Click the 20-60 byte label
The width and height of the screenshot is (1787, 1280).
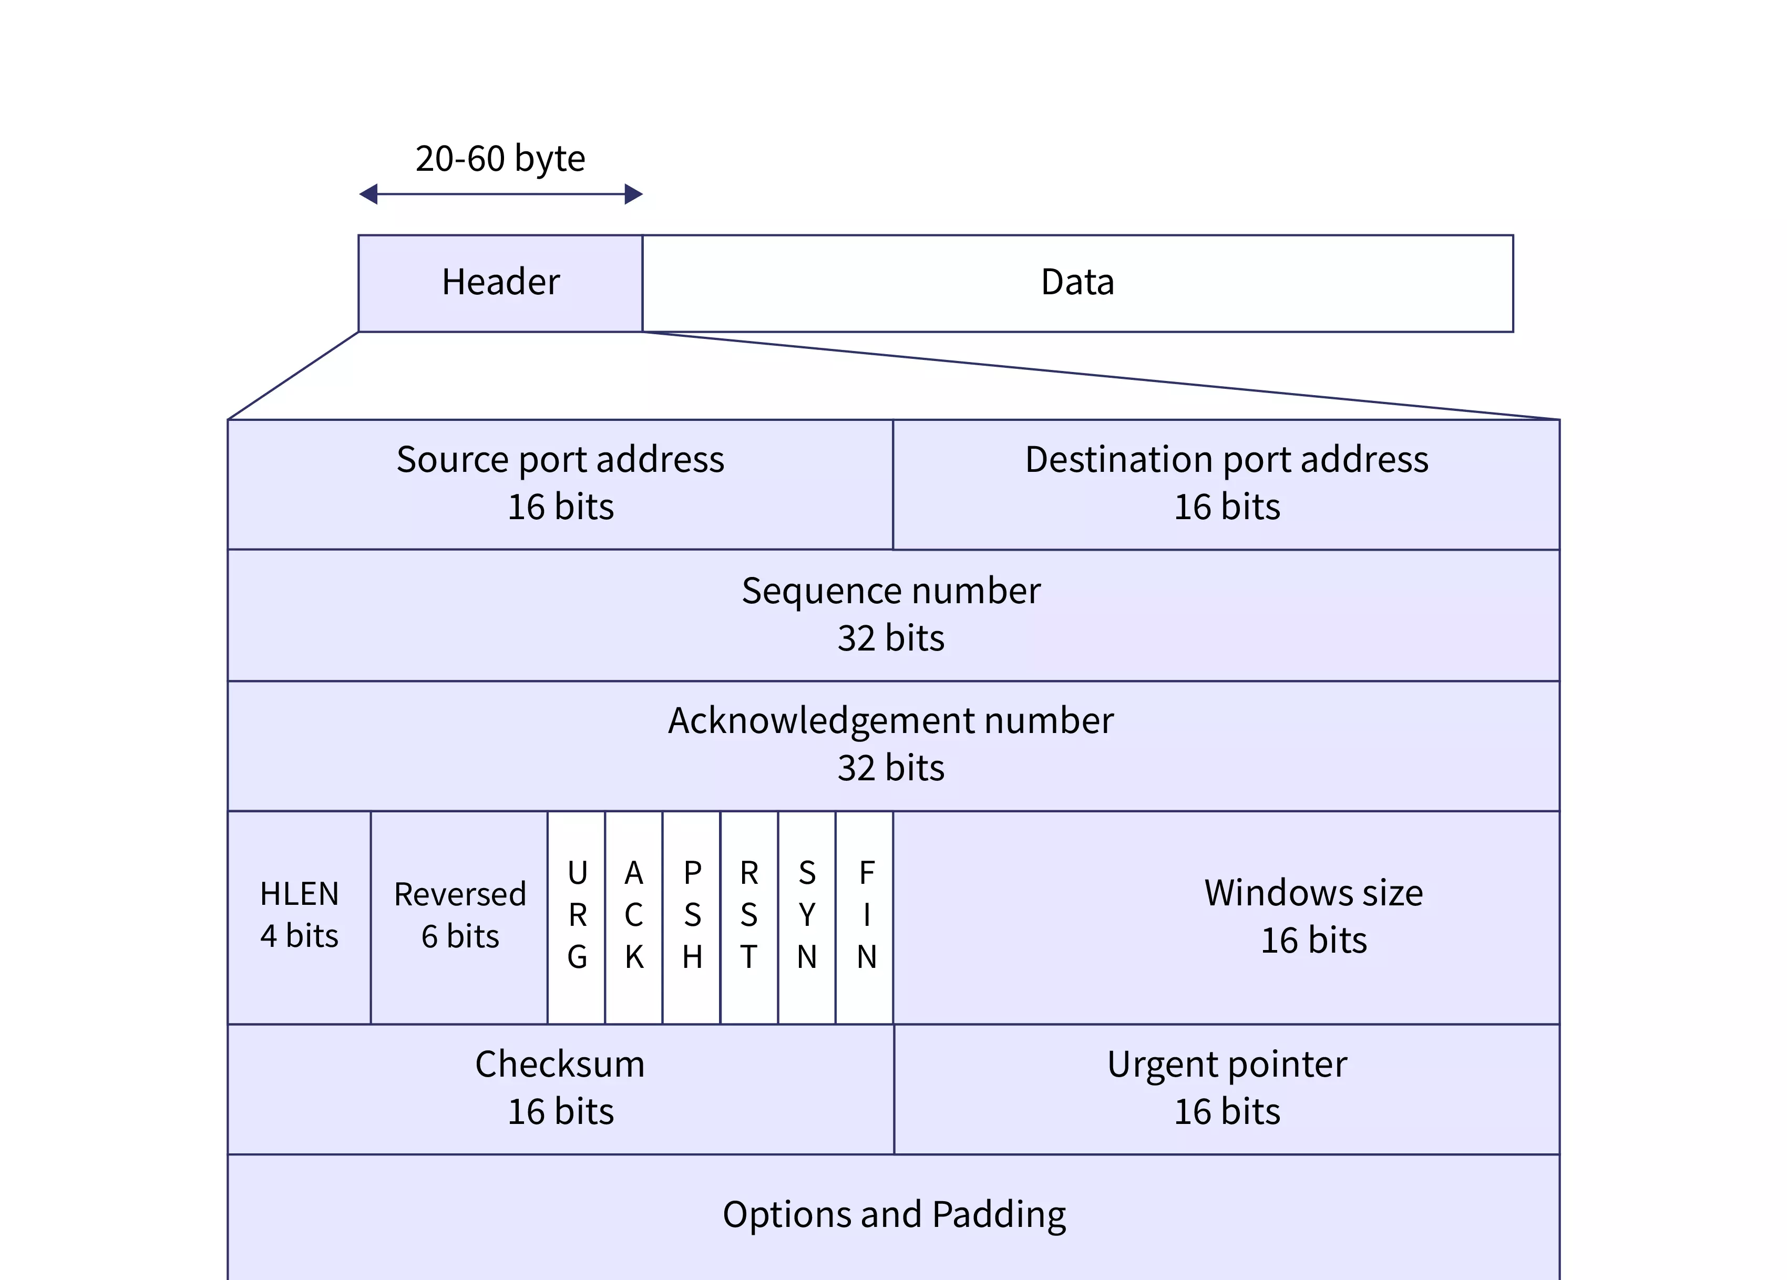tap(500, 159)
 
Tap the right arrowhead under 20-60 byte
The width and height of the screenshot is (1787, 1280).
tap(633, 194)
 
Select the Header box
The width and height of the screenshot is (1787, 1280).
tap(500, 283)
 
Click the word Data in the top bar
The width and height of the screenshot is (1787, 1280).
tap(1077, 282)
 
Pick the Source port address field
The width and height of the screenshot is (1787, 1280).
tap(560, 483)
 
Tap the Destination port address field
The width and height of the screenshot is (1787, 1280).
tap(1226, 483)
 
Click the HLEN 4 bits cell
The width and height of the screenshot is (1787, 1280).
tap(300, 915)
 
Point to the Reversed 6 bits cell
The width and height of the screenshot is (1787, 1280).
tap(459, 915)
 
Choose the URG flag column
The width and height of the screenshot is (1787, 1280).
tap(577, 915)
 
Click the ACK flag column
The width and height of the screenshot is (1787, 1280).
tap(634, 915)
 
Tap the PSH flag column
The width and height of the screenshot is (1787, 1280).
tap(692, 915)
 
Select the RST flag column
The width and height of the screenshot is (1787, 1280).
tap(749, 915)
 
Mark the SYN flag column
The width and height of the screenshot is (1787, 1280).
tap(807, 915)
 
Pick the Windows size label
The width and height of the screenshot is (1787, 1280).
tap(1313, 893)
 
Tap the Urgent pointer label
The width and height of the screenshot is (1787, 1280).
tap(1226, 1064)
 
